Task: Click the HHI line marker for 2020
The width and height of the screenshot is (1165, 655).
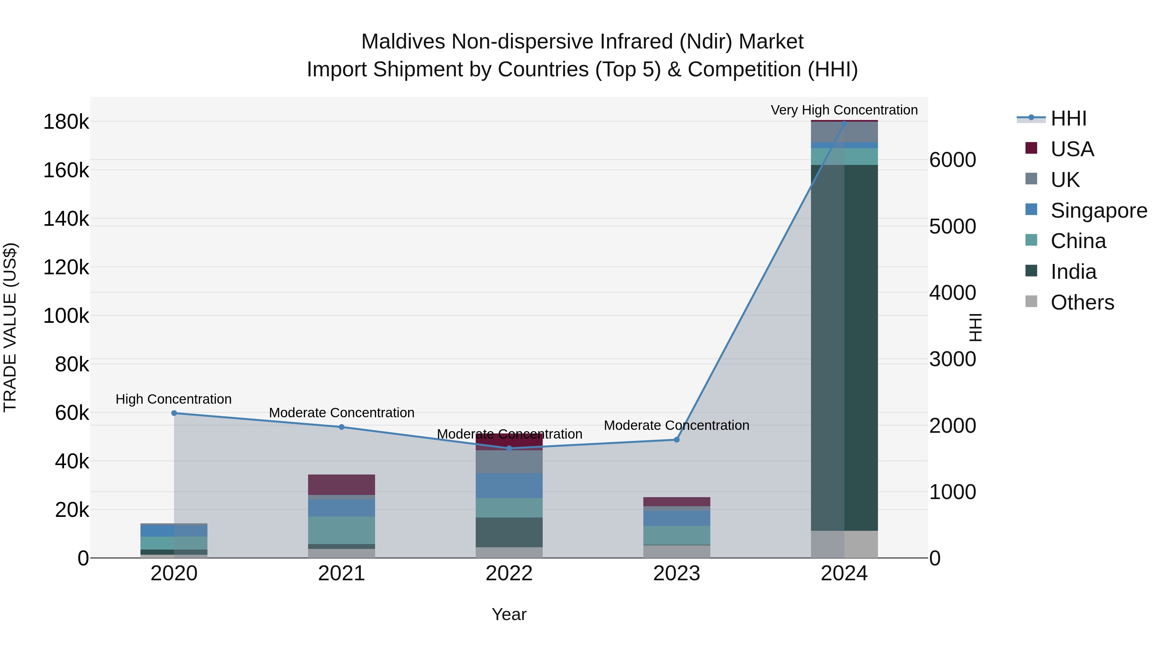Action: (174, 413)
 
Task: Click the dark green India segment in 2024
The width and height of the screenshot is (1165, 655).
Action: (844, 348)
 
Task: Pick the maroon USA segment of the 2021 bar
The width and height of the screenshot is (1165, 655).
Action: (341, 485)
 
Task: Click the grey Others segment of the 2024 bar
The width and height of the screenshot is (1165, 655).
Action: (844, 544)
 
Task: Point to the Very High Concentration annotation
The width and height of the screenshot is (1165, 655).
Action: (844, 110)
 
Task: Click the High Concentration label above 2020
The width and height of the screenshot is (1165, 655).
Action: (174, 399)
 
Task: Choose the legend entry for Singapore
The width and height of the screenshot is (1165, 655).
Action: (1099, 211)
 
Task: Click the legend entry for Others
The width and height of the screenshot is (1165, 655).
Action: (1082, 302)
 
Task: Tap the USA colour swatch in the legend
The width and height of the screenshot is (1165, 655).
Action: (1031, 148)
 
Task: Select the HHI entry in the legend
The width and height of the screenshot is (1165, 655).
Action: (1068, 118)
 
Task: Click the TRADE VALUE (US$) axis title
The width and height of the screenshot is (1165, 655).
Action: (10, 327)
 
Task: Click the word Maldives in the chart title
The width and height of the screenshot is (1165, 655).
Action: (403, 42)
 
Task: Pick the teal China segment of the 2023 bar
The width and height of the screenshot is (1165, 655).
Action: (677, 535)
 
